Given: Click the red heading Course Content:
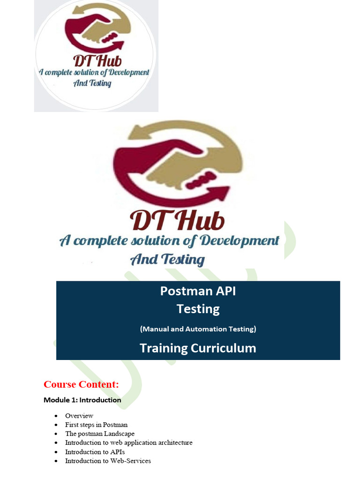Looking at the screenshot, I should tap(81, 385).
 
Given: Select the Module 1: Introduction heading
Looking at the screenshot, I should tap(82, 400).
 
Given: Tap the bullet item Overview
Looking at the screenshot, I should tap(79, 416).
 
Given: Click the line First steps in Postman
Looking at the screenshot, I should tap(96, 425).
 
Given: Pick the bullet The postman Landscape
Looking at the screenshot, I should tap(100, 434).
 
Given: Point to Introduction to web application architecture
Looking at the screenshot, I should tap(128, 442).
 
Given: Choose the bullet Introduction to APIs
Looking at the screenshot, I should tap(95, 452).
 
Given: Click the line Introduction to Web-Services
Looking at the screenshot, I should tap(108, 461).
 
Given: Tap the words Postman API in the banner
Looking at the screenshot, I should tap(198, 291).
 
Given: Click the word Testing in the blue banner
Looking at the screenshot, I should tap(198, 309).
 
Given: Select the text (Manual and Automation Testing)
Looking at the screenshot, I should tap(198, 329).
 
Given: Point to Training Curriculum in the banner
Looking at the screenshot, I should tap(198, 348).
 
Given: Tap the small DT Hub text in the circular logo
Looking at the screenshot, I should tap(97, 60).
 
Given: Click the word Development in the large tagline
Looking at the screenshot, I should tap(240, 241).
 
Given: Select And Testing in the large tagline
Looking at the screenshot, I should tap(167, 259).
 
